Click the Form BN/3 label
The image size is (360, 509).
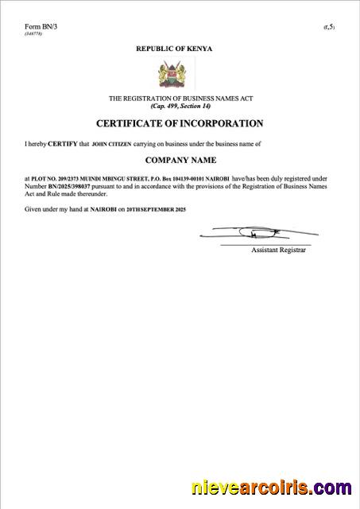point(41,26)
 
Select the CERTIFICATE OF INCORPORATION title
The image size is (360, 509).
point(180,123)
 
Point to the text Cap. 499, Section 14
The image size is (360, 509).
point(180,105)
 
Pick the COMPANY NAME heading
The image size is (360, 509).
point(180,161)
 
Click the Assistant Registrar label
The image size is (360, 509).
point(278,250)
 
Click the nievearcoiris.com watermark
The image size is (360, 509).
point(269,487)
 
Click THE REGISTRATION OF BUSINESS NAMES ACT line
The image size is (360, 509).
point(180,98)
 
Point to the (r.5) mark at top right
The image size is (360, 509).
point(328,27)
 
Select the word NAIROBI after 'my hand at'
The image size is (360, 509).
point(104,208)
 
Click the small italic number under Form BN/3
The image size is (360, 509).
point(33,33)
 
